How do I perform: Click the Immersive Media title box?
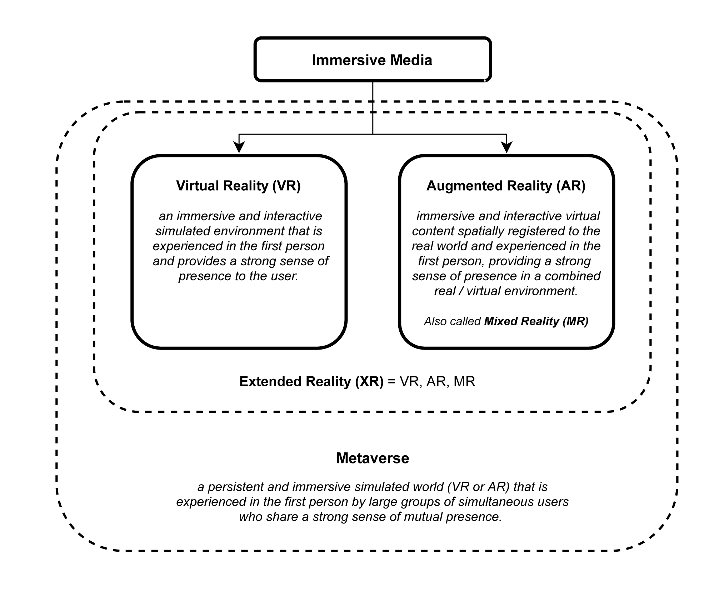(x=372, y=60)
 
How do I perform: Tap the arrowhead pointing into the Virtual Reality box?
(x=239, y=147)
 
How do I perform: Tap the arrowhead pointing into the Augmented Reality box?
(x=506, y=147)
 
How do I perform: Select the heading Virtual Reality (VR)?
(x=238, y=186)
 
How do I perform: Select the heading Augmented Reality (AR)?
(x=506, y=186)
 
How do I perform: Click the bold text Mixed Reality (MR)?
(x=536, y=321)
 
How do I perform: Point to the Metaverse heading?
(x=372, y=458)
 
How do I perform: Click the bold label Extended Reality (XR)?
(x=311, y=382)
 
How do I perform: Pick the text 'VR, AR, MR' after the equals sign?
(x=437, y=382)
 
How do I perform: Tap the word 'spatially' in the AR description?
(x=479, y=231)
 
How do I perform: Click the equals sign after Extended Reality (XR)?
(x=391, y=382)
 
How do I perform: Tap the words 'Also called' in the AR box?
(x=452, y=321)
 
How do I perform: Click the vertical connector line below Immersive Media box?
(x=373, y=107)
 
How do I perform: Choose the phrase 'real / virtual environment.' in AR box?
(x=506, y=291)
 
